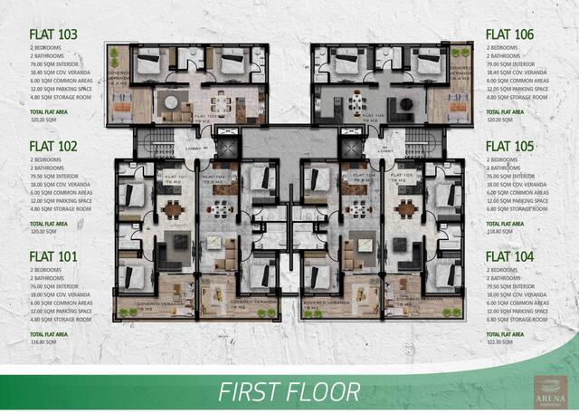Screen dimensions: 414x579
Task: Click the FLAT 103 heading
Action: [53, 35]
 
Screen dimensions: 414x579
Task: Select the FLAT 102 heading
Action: [53, 146]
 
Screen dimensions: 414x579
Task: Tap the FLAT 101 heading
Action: [53, 256]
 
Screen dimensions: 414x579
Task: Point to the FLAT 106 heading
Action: [509, 35]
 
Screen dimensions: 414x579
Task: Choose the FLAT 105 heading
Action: [509, 146]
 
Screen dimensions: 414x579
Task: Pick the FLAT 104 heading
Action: [509, 256]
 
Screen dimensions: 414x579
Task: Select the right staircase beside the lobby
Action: [420, 143]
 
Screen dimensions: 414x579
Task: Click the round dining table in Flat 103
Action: [169, 102]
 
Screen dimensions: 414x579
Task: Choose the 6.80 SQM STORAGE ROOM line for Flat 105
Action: [516, 207]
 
